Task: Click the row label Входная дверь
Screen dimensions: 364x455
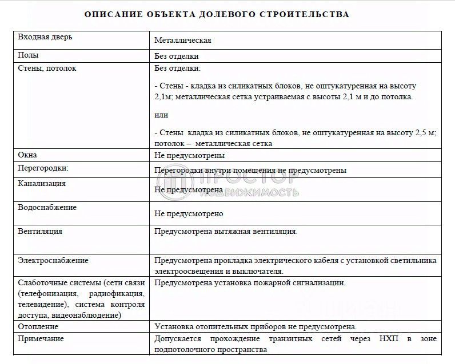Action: click(x=45, y=37)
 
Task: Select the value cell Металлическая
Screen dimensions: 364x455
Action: click(x=183, y=41)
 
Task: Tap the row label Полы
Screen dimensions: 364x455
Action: click(x=29, y=55)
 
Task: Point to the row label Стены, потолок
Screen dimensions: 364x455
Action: click(x=47, y=68)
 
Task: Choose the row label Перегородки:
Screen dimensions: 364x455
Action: click(x=43, y=169)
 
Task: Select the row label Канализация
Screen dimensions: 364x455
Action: click(x=42, y=184)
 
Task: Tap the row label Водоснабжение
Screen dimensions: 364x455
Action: click(x=47, y=208)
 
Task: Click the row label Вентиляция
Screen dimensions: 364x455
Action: click(x=40, y=232)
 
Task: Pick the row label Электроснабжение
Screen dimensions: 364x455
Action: click(x=53, y=261)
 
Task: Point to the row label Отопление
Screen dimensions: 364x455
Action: click(x=38, y=327)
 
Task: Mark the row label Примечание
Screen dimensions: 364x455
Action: click(x=41, y=339)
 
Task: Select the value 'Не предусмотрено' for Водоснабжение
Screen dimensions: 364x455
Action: click(x=189, y=213)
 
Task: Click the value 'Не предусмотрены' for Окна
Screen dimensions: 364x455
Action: click(x=189, y=155)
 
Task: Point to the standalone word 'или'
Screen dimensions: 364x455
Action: click(x=161, y=115)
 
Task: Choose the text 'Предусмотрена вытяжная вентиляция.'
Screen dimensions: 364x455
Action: click(x=226, y=232)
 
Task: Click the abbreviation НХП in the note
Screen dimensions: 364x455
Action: click(x=390, y=339)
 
